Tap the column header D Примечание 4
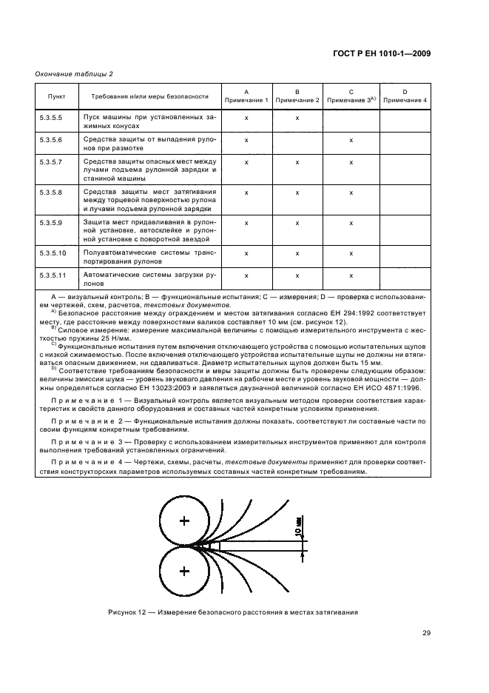click(405, 96)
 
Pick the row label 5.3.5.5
click(51, 118)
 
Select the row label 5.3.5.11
click(53, 275)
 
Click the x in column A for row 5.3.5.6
click(246, 139)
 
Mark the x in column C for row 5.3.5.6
click(351, 139)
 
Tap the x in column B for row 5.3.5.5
click(297, 118)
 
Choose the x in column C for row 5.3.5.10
click(351, 253)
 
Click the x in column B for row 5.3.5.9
click(297, 222)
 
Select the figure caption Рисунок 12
click(233, 612)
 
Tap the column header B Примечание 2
click(297, 96)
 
